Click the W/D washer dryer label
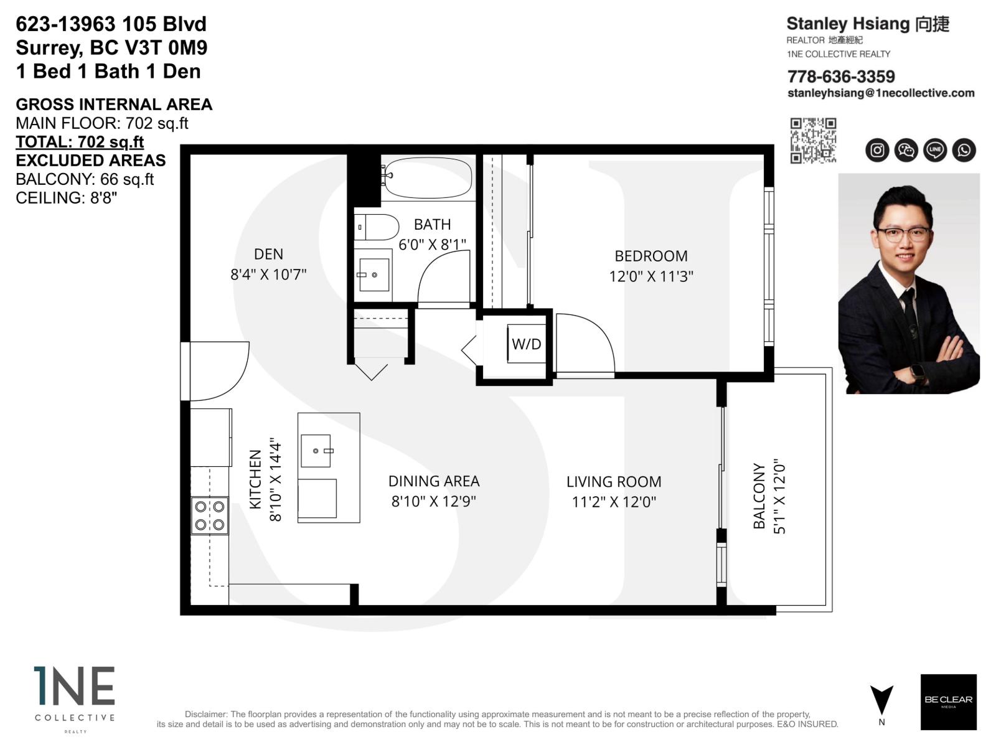click(526, 344)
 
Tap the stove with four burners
click(210, 515)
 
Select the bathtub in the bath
click(428, 177)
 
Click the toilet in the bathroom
click(377, 227)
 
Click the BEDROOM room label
click(651, 256)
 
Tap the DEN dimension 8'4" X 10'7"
click(268, 274)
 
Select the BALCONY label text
click(759, 496)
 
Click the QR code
click(813, 141)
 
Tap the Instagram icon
click(877, 150)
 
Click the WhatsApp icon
click(964, 150)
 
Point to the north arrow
click(881, 701)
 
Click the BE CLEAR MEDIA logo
click(948, 702)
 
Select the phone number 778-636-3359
click(841, 77)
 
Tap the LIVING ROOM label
click(613, 481)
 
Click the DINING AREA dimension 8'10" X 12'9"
click(433, 501)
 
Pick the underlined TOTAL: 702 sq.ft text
click(80, 142)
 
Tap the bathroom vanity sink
click(374, 275)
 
